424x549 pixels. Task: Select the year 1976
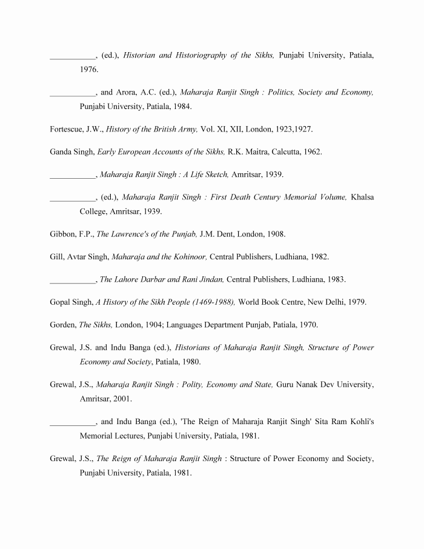(x=89, y=70)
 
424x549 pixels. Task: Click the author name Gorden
(x=63, y=325)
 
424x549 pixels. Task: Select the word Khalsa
(x=362, y=197)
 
